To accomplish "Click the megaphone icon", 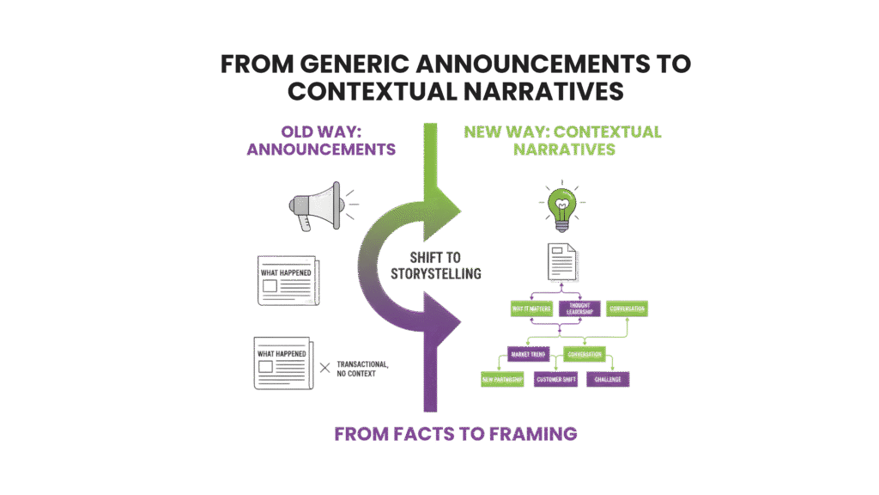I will point(315,206).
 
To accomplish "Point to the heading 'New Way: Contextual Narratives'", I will point(562,140).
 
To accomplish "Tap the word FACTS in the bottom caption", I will point(413,434).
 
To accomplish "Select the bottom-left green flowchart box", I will point(501,379).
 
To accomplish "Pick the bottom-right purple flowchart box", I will point(609,379).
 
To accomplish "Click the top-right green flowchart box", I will point(627,308).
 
